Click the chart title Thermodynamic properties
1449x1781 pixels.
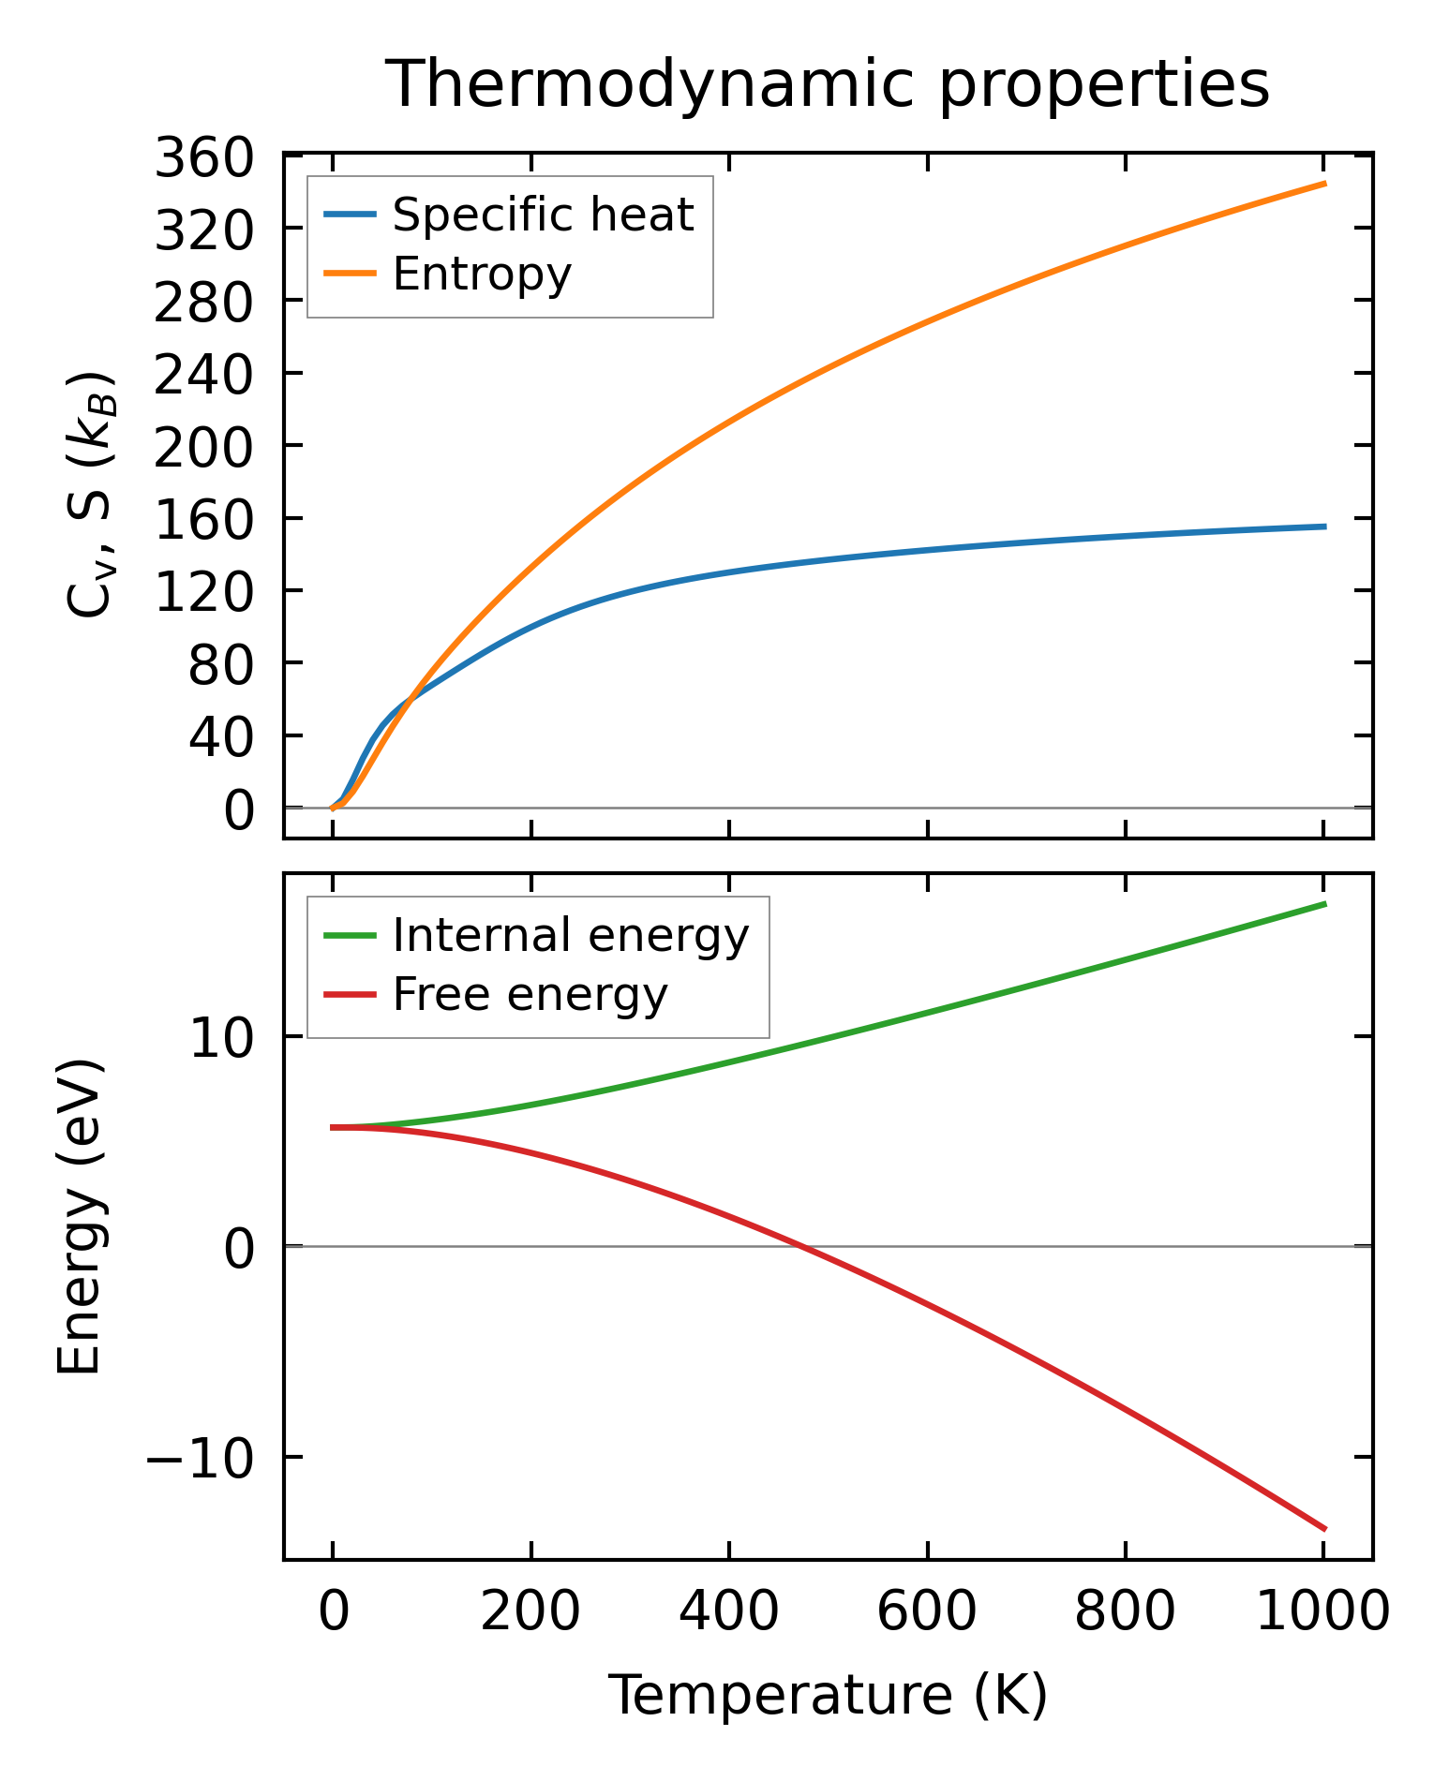click(x=828, y=84)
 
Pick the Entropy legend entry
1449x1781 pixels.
click(x=482, y=274)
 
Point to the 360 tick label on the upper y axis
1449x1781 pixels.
click(x=203, y=157)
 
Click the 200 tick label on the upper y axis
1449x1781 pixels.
click(x=203, y=447)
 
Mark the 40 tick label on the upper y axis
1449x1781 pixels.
click(x=221, y=736)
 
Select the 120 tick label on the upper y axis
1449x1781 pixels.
click(x=203, y=592)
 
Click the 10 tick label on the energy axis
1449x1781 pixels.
click(x=221, y=1038)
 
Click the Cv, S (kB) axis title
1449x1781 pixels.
click(x=90, y=495)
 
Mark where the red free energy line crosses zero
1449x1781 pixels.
click(x=799, y=1246)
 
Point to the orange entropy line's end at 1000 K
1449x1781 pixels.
click(x=1323, y=184)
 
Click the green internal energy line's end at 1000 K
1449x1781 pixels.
click(x=1323, y=904)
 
